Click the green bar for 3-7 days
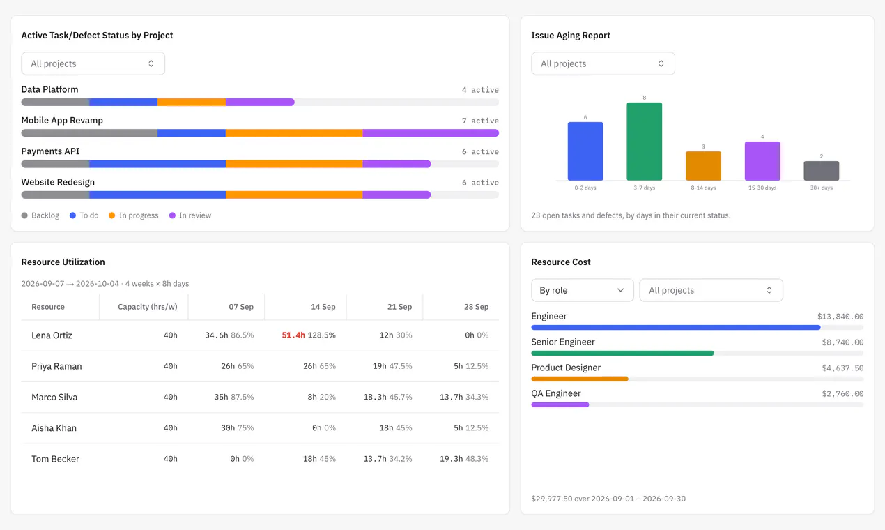click(x=644, y=141)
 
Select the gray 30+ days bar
click(x=821, y=170)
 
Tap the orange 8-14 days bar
click(x=703, y=166)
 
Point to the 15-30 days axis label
click(x=762, y=188)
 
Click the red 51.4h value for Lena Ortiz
click(x=293, y=335)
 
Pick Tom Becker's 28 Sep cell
click(x=464, y=459)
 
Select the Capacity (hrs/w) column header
click(x=147, y=307)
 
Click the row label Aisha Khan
click(x=54, y=428)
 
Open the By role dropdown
click(x=583, y=290)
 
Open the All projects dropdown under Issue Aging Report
click(x=603, y=63)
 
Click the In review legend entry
click(x=190, y=215)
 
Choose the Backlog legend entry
click(x=40, y=215)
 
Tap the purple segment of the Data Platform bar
click(x=260, y=102)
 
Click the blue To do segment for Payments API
click(x=157, y=164)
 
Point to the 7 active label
click(x=480, y=121)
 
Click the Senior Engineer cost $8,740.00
click(x=842, y=342)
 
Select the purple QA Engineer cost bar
click(x=560, y=404)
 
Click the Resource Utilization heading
click(x=63, y=262)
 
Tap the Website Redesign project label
click(x=58, y=182)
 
